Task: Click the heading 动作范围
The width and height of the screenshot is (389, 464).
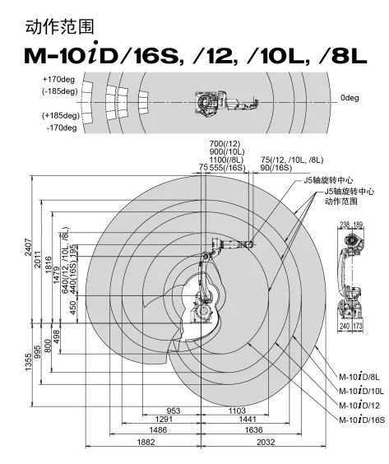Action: pyautogui.click(x=59, y=27)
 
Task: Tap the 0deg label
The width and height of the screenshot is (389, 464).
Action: pyautogui.click(x=350, y=98)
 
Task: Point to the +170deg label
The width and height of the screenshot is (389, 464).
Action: pyautogui.click(x=58, y=79)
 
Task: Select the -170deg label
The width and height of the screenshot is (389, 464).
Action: pyautogui.click(x=61, y=128)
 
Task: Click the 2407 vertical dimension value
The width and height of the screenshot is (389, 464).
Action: pyautogui.click(x=28, y=247)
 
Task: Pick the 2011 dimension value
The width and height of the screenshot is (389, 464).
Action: pyautogui.click(x=38, y=259)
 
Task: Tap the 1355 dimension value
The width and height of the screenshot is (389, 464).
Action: pyautogui.click(x=28, y=362)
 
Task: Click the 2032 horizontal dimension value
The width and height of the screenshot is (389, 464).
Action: pyautogui.click(x=266, y=442)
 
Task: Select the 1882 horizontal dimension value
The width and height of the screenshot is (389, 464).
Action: pyautogui.click(x=146, y=442)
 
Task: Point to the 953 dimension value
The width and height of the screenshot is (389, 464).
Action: pyautogui.click(x=174, y=411)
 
